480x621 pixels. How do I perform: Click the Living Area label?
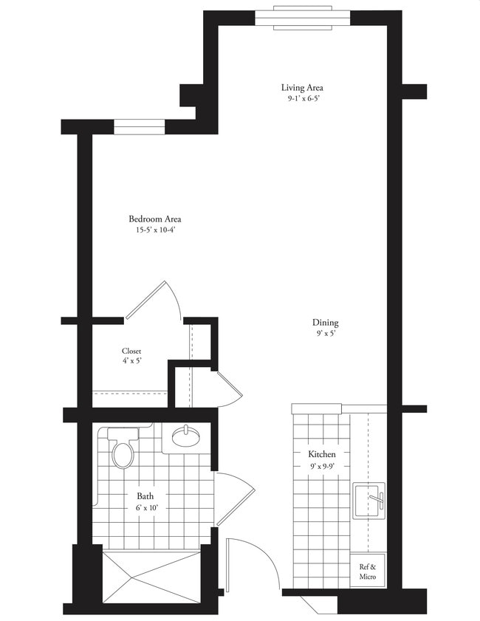pos(303,87)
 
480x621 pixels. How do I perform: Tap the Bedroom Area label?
pos(155,219)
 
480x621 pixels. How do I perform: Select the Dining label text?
pos(325,323)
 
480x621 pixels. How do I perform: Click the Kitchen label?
pos(323,454)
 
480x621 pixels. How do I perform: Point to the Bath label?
pos(145,496)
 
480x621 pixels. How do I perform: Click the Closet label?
pos(131,351)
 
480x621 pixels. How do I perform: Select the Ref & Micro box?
pos(367,572)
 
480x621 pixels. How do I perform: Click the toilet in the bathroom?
pos(123,449)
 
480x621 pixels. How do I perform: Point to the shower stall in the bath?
pos(151,576)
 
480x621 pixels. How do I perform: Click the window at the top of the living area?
pos(303,18)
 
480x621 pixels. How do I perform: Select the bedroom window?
pos(139,126)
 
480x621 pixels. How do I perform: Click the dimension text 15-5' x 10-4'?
pos(155,230)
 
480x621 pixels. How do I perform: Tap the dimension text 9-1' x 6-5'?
pos(303,98)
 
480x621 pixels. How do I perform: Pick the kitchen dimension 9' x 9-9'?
pos(323,466)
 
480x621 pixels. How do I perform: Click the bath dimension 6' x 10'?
pos(146,508)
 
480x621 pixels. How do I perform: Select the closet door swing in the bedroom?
pos(157,300)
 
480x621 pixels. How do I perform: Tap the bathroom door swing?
pos(235,496)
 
